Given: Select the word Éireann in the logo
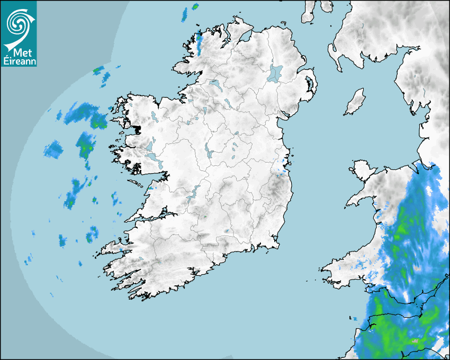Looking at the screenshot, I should coord(19,61).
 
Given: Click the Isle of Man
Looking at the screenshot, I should coord(355,102).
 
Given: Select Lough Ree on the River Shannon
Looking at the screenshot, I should coord(208,151).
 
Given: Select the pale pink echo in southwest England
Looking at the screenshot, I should coord(415,341).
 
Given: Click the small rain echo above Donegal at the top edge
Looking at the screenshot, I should coord(194,7).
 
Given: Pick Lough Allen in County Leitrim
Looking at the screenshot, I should coord(204,111).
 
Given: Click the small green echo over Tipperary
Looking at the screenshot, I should coord(227,231).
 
